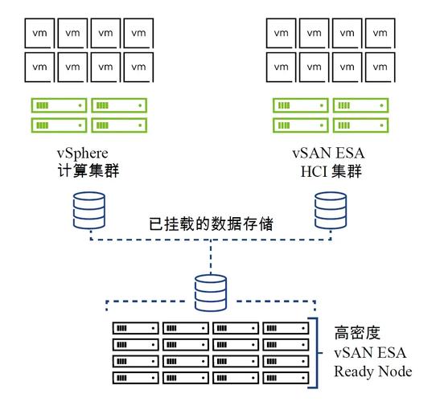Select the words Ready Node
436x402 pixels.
pos(372,371)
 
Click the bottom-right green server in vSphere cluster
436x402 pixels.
pos(119,125)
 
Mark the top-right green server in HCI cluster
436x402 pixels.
pos(360,105)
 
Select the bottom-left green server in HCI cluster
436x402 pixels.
pos(299,125)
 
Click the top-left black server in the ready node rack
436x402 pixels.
pos(135,328)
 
